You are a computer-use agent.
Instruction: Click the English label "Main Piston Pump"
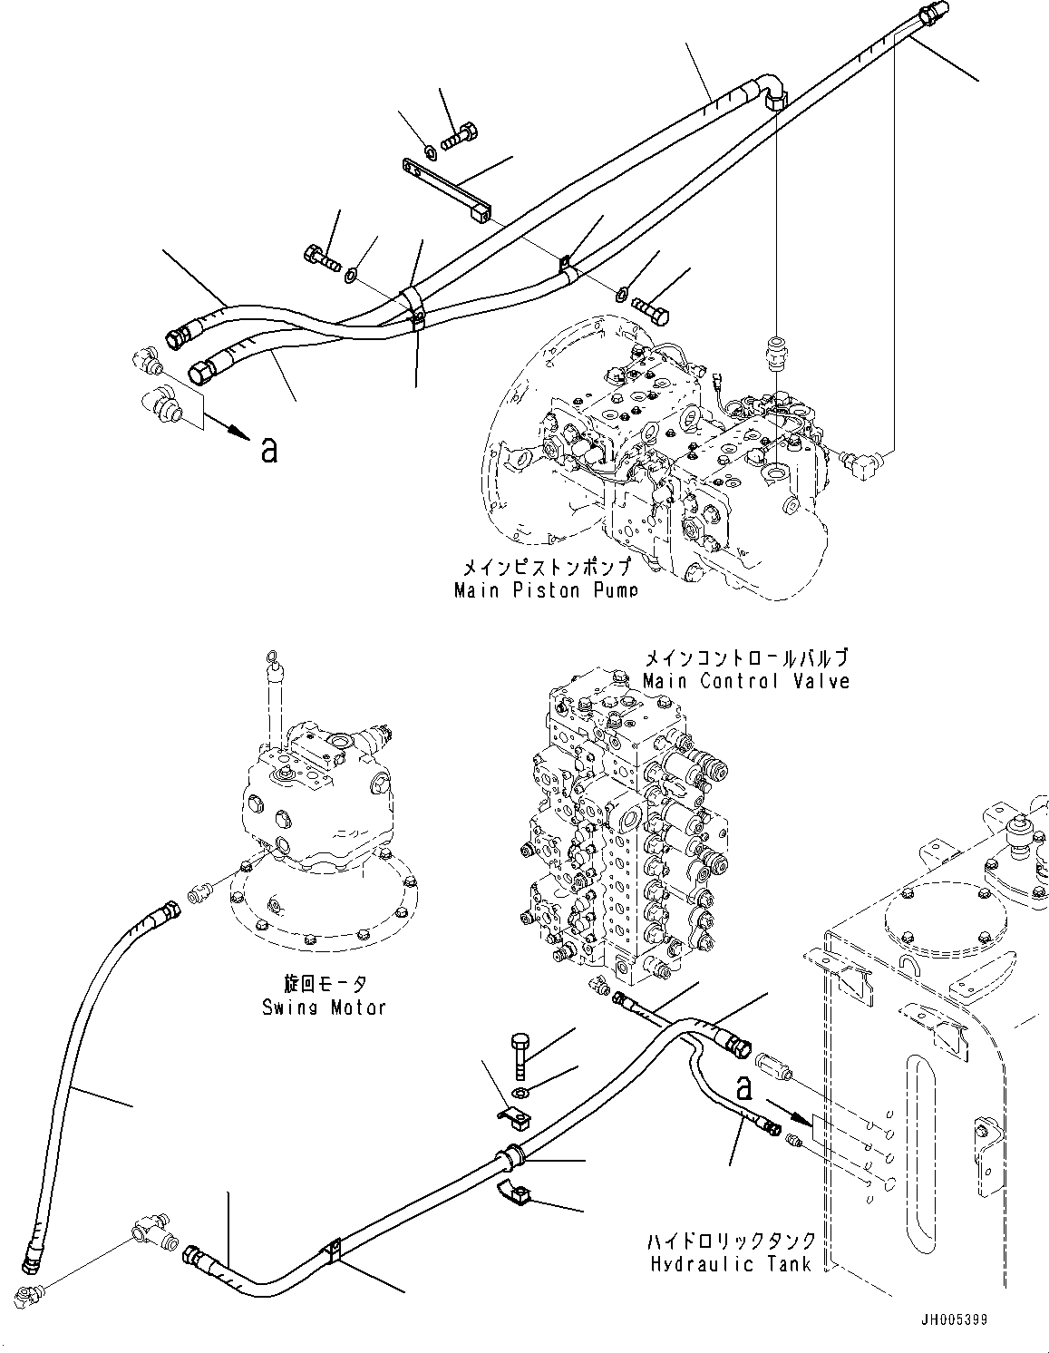[546, 590]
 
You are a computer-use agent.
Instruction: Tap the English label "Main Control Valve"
[746, 680]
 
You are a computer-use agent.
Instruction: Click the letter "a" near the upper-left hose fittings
[268, 449]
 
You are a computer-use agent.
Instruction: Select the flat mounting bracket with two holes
[447, 190]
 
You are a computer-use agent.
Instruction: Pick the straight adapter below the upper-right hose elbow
[776, 347]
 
